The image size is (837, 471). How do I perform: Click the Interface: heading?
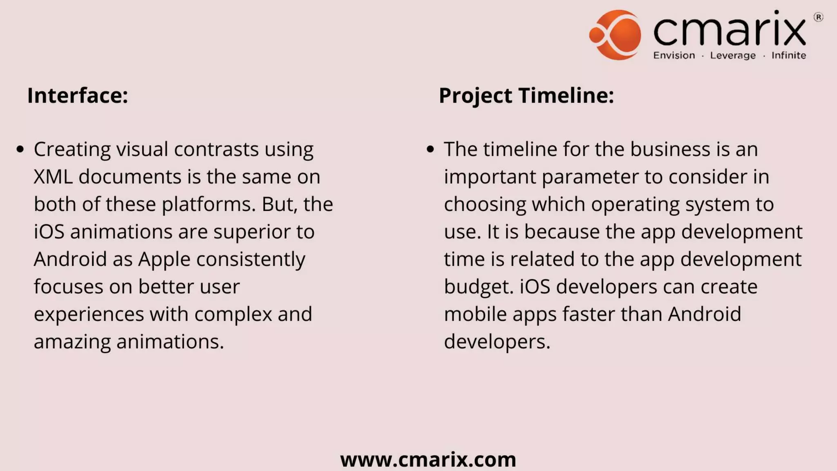[x=78, y=96]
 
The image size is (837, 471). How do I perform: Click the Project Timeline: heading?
[x=526, y=96]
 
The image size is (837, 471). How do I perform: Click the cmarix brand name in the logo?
[x=730, y=29]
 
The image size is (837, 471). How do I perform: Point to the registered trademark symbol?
[x=818, y=17]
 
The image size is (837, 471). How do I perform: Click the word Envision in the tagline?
[x=674, y=56]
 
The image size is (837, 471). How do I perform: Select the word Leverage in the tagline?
[x=733, y=56]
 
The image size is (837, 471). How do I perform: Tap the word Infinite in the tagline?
[x=789, y=56]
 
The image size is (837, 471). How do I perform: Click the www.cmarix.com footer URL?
[x=428, y=460]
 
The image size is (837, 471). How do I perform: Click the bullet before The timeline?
[x=430, y=149]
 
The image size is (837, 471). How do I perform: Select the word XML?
[x=53, y=177]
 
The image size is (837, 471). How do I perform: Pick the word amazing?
[x=72, y=342]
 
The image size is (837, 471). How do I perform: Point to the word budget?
[x=477, y=287]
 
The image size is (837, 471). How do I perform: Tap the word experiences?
[x=89, y=314]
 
